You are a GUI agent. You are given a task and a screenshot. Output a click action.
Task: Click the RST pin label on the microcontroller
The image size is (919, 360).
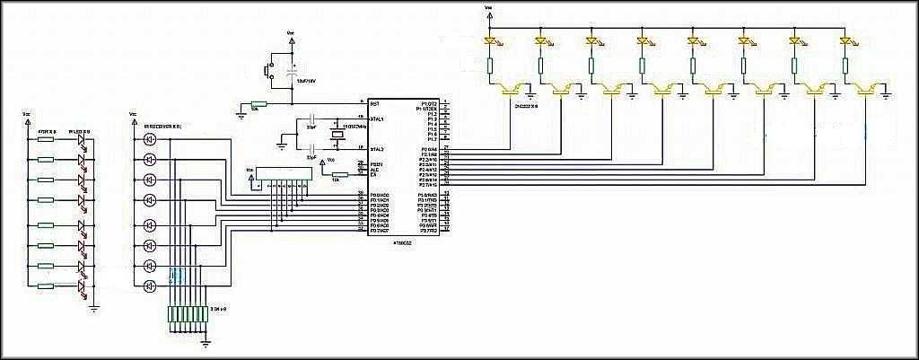pos(375,104)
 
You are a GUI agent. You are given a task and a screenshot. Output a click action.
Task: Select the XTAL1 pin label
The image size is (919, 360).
pos(378,119)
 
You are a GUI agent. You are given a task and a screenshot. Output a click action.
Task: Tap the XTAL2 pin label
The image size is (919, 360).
pos(378,149)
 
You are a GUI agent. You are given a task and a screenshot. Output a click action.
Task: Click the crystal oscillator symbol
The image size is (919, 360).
pos(337,135)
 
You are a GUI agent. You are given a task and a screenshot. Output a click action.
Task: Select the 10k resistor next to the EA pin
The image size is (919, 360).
pos(338,175)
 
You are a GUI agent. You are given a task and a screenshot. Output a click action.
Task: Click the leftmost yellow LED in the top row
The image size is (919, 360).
pos(490,41)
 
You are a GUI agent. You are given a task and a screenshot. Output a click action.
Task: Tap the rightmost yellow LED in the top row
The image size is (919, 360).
pos(845,41)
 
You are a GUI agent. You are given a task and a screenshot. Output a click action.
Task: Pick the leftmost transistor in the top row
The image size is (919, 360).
pos(512,88)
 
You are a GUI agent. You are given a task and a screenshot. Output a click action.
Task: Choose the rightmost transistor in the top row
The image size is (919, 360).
pos(868,88)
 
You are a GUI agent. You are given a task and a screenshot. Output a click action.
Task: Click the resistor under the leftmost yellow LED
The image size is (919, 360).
pos(490,65)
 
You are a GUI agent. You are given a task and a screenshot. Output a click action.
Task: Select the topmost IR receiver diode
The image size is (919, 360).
pos(149,139)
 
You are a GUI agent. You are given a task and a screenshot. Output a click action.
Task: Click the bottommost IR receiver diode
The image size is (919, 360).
pos(149,286)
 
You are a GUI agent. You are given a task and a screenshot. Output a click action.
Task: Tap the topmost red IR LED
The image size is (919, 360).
pos(82,140)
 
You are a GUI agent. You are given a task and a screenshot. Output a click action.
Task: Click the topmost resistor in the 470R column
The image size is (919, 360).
pos(47,139)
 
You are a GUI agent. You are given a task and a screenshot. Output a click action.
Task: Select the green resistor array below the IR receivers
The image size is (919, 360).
pos(189,313)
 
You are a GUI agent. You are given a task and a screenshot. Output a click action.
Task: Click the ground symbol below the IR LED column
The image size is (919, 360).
pos(94,309)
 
